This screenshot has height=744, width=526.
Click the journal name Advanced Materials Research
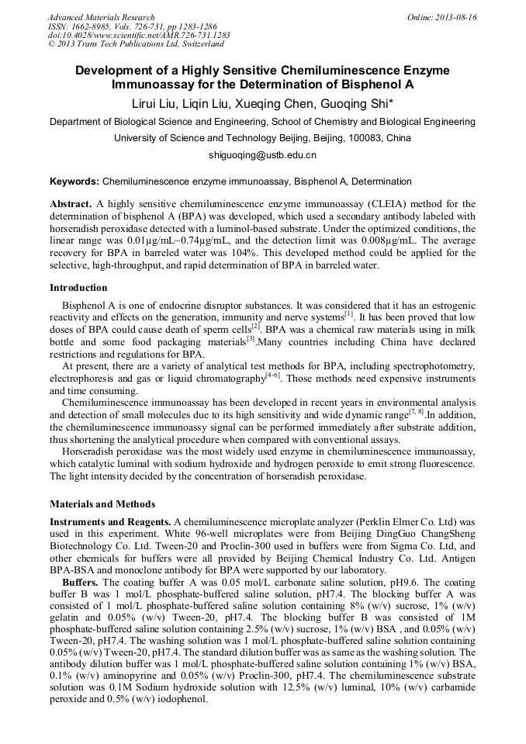[x=101, y=17]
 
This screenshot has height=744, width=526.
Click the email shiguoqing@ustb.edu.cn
[x=262, y=155]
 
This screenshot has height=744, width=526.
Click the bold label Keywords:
[x=74, y=182]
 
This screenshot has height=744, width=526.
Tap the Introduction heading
[x=78, y=288]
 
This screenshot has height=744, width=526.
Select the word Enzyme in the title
[x=426, y=70]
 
